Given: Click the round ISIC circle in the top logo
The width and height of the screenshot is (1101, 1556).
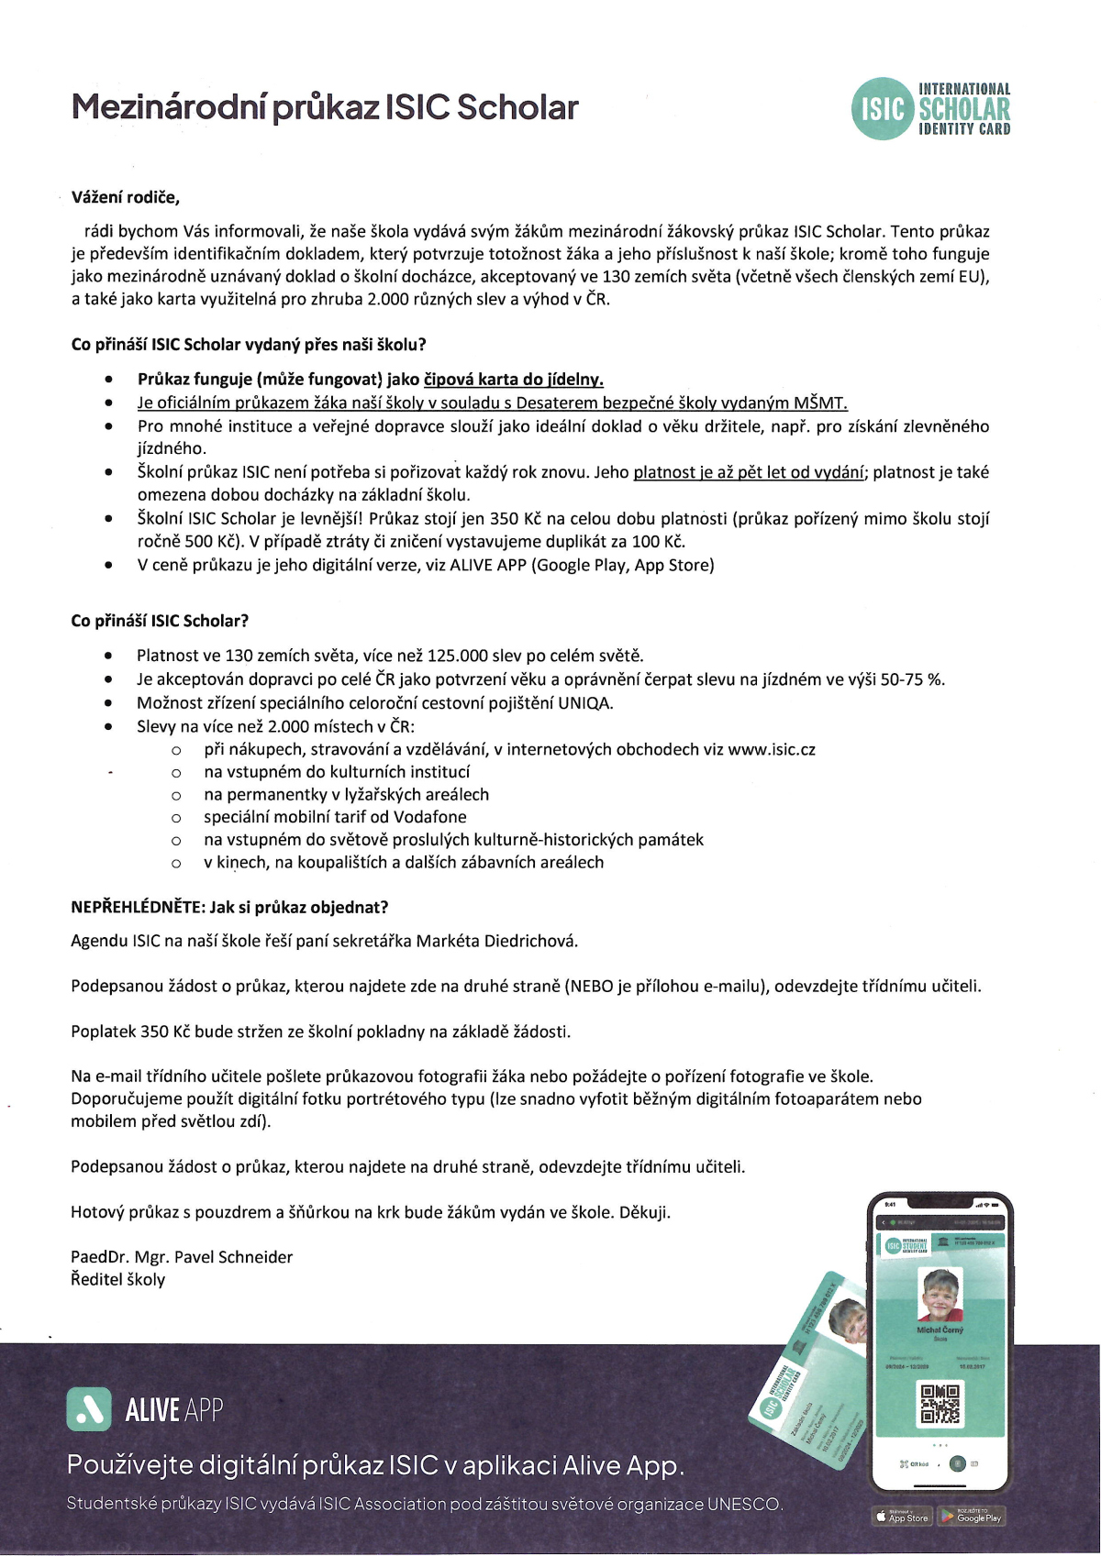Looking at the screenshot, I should coord(883,109).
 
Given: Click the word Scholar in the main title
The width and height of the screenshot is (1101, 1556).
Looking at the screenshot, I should coord(517,108).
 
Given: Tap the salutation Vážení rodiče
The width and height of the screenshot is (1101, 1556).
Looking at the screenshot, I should coord(126,197).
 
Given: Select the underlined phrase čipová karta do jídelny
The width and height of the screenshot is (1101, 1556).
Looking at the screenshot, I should coord(513,379).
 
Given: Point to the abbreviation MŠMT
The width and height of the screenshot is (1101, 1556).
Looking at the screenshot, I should coord(820,403).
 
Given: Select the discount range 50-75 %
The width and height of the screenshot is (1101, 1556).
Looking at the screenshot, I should coord(912,679).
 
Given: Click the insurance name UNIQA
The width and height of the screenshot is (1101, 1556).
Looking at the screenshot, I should coord(584,703).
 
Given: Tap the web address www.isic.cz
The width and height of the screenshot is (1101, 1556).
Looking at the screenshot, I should coord(772,749).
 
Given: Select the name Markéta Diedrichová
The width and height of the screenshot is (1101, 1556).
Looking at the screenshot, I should coord(496,941).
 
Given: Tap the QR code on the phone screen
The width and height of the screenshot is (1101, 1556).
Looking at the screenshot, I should coord(940,1404).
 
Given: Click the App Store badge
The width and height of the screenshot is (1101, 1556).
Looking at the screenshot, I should coord(902,1517).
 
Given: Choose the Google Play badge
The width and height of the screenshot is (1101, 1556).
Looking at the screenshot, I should coord(972,1517).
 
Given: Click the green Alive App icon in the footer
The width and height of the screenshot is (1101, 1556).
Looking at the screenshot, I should coord(89,1409).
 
